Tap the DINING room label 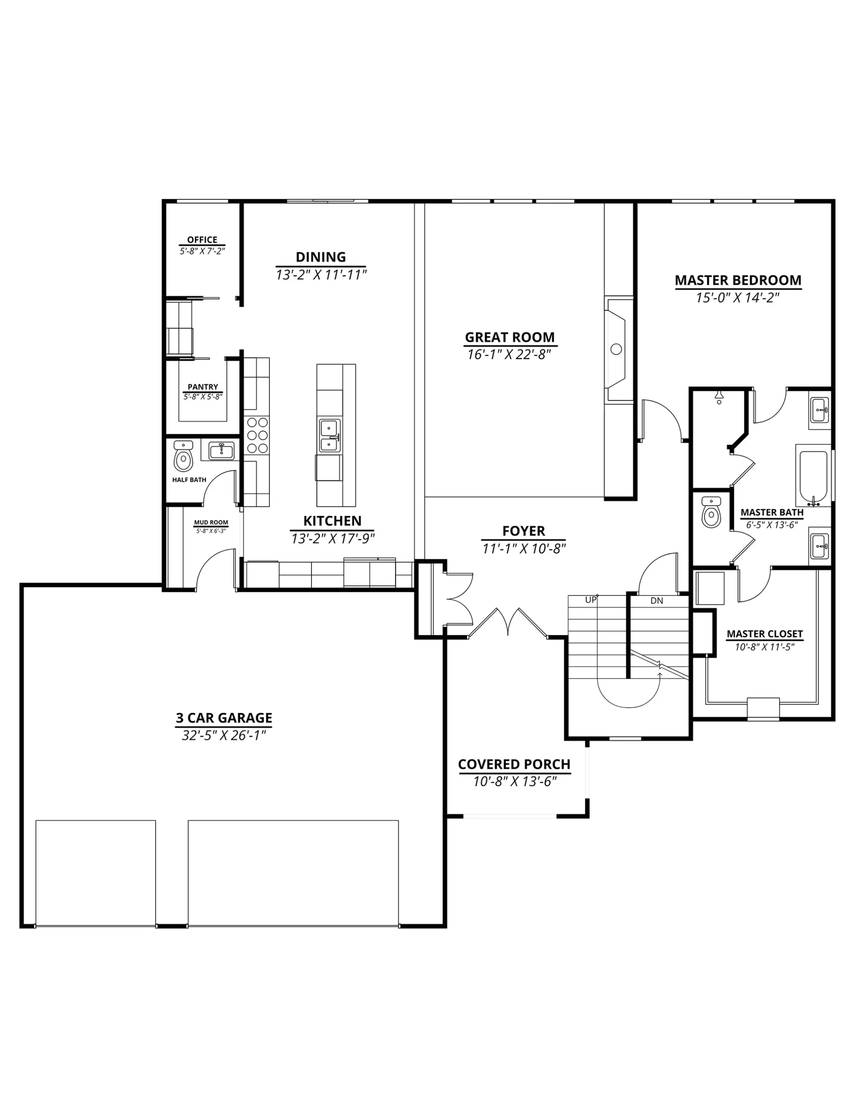[x=321, y=257]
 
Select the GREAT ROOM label [x=510, y=337]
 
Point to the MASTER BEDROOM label [x=738, y=280]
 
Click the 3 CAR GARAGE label [x=224, y=718]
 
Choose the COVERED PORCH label [x=514, y=764]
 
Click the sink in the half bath [x=221, y=451]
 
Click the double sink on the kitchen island [x=330, y=436]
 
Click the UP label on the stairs [x=590, y=600]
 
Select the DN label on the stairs [x=657, y=600]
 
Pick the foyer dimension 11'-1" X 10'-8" [x=524, y=548]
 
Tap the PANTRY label [x=203, y=387]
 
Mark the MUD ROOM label [x=211, y=522]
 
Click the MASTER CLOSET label [x=764, y=634]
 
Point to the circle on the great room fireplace [x=616, y=349]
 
